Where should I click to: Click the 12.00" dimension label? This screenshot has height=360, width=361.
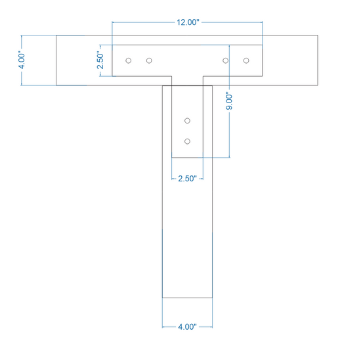pyautogui.click(x=188, y=22)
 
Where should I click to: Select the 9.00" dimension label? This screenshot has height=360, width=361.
pyautogui.click(x=229, y=101)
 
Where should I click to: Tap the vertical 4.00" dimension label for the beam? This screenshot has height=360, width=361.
pyautogui.click(x=22, y=60)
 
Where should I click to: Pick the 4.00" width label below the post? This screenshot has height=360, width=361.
pyautogui.click(x=188, y=326)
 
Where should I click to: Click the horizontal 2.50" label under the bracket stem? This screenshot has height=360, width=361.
pyautogui.click(x=188, y=179)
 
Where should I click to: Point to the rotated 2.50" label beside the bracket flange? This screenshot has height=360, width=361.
pyautogui.click(x=100, y=60)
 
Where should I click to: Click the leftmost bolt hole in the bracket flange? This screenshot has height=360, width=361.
pyautogui.click(x=129, y=60)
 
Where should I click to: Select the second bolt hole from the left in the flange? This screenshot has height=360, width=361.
pyautogui.click(x=149, y=60)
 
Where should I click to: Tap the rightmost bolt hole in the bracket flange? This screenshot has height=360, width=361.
pyautogui.click(x=246, y=60)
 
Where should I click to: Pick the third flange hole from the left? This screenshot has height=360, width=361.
pyautogui.click(x=226, y=60)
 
